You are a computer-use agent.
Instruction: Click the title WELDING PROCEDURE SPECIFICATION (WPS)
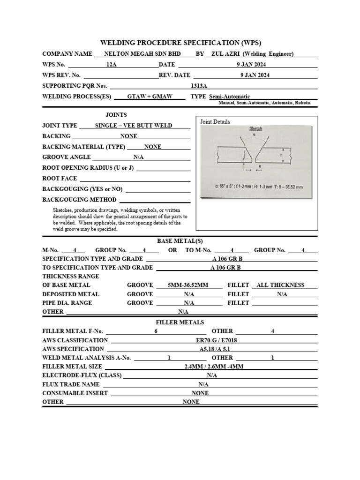click(180, 43)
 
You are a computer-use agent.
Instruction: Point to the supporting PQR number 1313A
click(199, 86)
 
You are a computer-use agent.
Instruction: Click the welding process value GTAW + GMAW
click(150, 97)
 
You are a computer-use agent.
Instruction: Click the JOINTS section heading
click(116, 115)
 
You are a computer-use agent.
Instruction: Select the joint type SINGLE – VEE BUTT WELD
click(134, 126)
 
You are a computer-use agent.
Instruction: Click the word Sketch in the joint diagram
click(255, 128)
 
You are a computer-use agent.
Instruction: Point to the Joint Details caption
click(215, 122)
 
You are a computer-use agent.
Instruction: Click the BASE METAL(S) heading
click(180, 241)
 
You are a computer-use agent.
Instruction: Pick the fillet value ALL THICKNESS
click(281, 285)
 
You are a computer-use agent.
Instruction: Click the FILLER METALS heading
click(180, 322)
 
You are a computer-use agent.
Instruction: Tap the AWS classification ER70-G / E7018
click(213, 340)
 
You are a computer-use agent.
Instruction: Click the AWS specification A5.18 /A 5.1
click(213, 349)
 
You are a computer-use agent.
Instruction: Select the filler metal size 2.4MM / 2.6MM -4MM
click(214, 367)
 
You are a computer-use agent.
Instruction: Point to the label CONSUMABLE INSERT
click(75, 393)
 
